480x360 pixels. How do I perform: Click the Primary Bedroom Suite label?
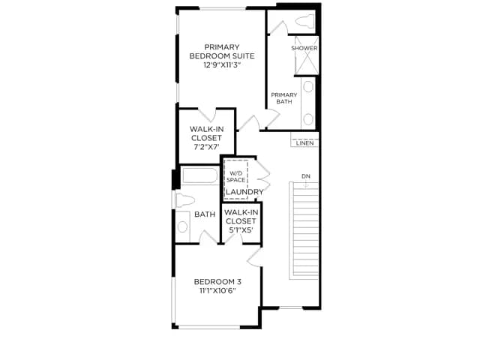pos(222,52)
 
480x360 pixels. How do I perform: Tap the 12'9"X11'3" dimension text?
pos(222,65)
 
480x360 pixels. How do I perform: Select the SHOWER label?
pos(304,48)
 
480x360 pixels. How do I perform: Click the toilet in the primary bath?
pos(305,22)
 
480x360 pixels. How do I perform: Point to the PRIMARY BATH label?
pos(284,98)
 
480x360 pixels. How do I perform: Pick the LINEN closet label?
pos(305,143)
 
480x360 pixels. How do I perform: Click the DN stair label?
pos(306,176)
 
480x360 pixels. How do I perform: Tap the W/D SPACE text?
pos(236,177)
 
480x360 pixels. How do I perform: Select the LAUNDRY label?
pos(244,192)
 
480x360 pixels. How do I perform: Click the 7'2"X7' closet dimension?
pos(207,147)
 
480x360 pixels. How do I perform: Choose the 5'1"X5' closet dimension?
pos(241,229)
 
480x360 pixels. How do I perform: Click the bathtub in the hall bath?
pos(200,175)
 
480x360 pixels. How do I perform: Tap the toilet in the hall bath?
pos(185,200)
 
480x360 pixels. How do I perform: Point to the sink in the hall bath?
pos(182,226)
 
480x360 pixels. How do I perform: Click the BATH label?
pos(205,214)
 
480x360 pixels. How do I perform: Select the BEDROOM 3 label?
pos(217,282)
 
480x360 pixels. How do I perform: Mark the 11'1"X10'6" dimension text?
pos(217,290)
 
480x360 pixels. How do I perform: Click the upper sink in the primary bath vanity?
pos(308,87)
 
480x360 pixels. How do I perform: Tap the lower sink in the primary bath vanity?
pos(308,118)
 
